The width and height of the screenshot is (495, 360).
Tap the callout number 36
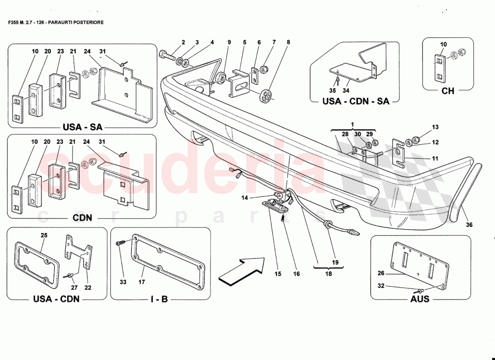[469, 225]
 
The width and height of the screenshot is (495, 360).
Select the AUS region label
[420, 299]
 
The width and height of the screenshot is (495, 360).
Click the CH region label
[448, 91]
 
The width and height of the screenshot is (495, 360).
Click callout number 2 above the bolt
[183, 42]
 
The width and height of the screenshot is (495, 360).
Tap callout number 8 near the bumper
[288, 42]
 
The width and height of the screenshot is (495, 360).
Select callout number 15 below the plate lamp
[278, 273]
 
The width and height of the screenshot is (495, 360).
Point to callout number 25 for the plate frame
[44, 235]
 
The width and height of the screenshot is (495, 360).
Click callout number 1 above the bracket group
[353, 123]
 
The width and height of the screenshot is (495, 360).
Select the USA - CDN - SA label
[355, 101]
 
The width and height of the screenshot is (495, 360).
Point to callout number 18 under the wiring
[328, 273]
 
